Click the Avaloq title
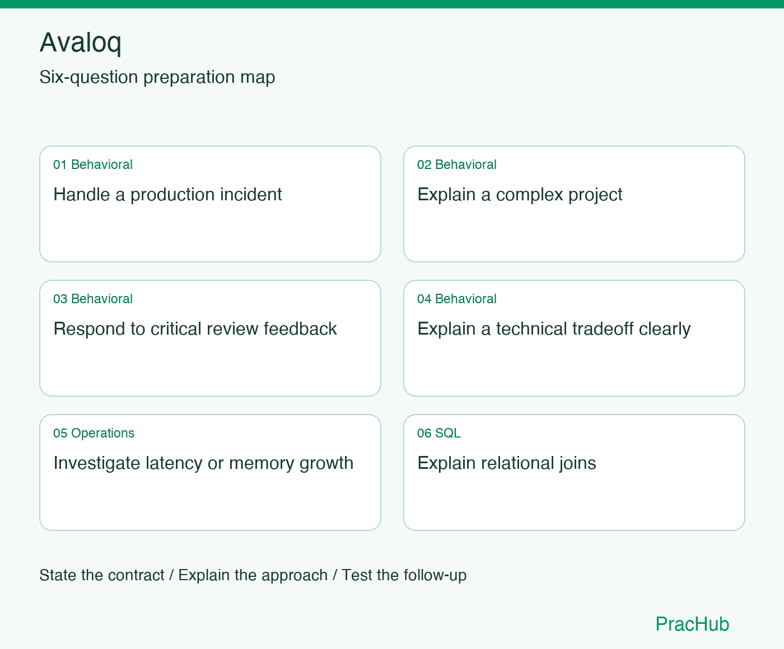pos(80,43)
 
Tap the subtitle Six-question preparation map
pos(157,77)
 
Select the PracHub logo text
pos(692,624)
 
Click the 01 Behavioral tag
pos(93,164)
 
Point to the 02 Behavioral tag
pos(456,164)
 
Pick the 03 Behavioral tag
pos(93,299)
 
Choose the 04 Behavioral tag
pos(456,299)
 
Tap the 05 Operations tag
pos(94,433)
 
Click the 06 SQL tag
pos(438,433)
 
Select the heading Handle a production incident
pos(167,195)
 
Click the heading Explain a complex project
pos(520,195)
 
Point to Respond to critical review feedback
pos(195,328)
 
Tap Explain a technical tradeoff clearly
pos(554,329)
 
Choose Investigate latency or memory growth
pos(203,463)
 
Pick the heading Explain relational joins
pos(507,463)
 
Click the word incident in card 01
pos(251,194)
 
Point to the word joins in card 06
pos(577,463)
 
